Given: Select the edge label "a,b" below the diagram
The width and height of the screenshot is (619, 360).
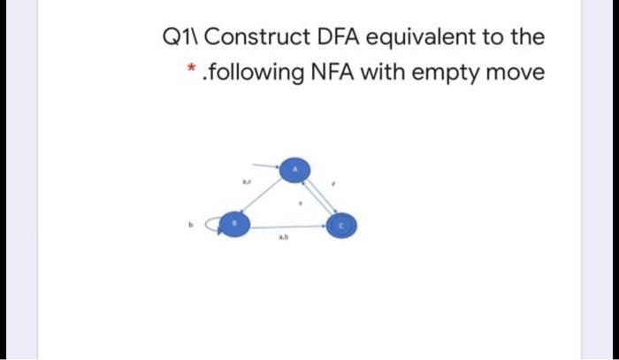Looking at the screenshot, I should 284,238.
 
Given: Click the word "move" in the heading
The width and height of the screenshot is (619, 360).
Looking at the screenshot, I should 513,72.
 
